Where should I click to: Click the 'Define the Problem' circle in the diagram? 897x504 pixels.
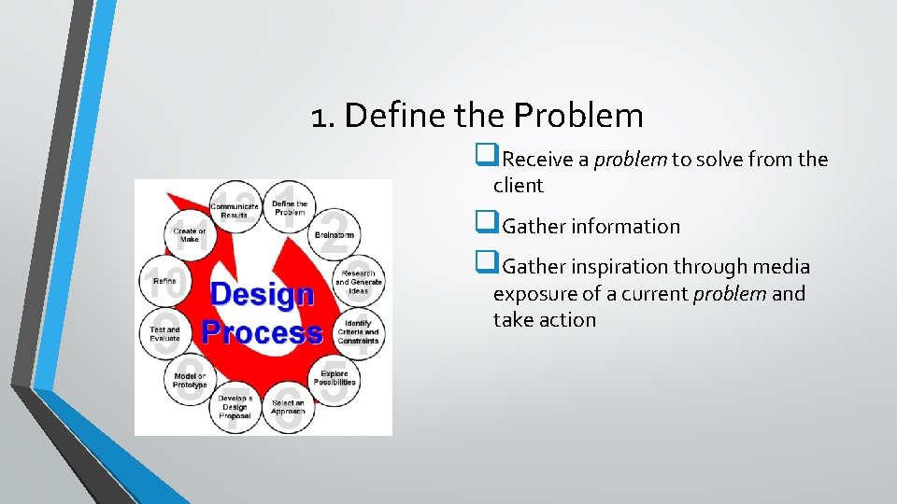(290, 207)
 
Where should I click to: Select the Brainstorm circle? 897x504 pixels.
(334, 235)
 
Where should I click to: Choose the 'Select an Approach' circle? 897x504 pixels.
(288, 407)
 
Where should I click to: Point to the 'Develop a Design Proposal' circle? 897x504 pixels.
(235, 406)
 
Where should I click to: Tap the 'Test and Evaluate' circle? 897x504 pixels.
(165, 333)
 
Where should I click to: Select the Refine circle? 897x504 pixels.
(164, 280)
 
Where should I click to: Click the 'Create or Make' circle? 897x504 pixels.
(190, 235)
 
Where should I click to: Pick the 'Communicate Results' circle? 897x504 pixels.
(235, 208)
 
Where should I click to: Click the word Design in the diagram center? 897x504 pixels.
(262, 294)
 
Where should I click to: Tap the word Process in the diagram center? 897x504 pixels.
(262, 332)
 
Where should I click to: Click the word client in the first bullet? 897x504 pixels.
(518, 186)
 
